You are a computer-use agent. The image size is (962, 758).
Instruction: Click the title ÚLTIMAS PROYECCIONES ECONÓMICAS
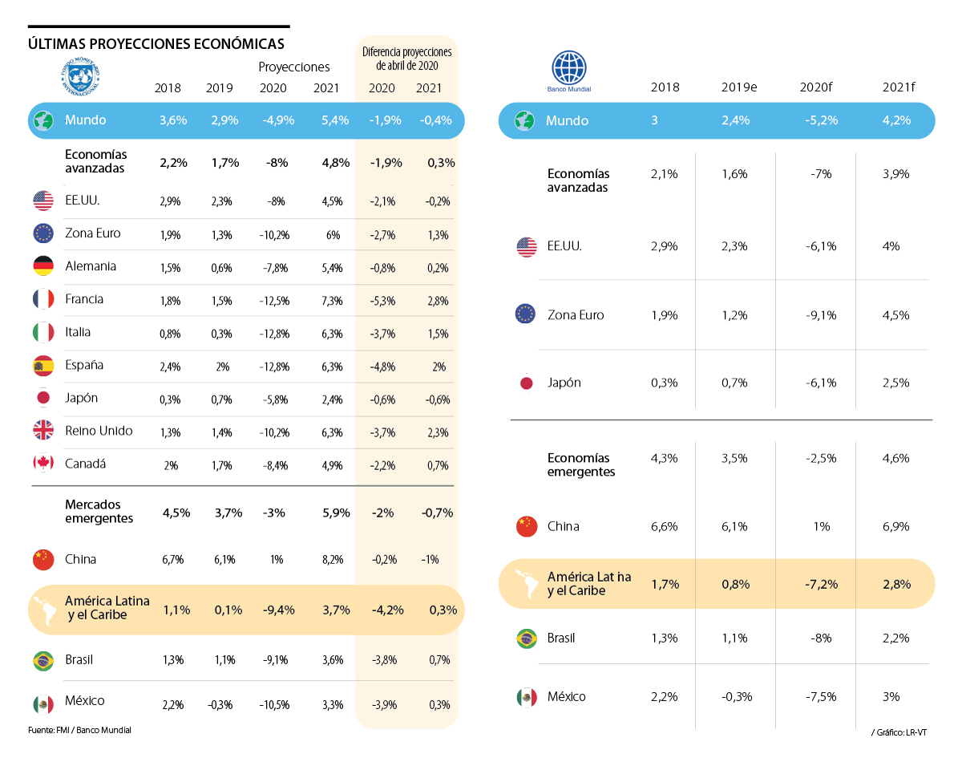click(156, 43)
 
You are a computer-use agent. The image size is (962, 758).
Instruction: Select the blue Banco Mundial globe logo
click(569, 68)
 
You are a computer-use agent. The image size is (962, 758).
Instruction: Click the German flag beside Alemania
click(43, 266)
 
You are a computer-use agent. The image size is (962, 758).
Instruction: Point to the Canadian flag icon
click(43, 464)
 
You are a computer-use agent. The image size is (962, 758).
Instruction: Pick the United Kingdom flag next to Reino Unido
click(43, 431)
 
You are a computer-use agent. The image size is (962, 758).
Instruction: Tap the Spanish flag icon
click(43, 365)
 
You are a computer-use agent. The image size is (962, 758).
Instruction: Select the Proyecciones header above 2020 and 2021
click(294, 67)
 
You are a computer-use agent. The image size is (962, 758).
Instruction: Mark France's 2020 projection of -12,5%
click(277, 300)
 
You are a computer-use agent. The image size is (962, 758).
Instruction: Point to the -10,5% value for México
click(277, 705)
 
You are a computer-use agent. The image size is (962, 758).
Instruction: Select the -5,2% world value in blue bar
click(819, 120)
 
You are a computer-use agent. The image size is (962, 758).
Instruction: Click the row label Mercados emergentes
click(99, 512)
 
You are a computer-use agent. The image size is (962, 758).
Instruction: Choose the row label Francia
click(84, 299)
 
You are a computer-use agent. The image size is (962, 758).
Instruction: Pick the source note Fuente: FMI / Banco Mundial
click(79, 730)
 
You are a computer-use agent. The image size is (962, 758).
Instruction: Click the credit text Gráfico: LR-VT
click(901, 733)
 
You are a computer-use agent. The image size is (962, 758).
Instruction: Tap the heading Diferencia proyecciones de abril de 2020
click(407, 59)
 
